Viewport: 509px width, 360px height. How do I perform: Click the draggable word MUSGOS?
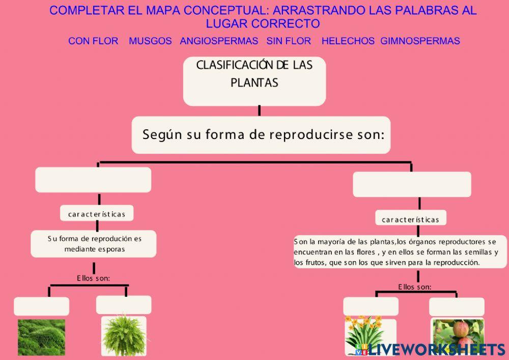click(x=150, y=41)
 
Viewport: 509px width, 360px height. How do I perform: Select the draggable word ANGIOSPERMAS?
click(x=219, y=41)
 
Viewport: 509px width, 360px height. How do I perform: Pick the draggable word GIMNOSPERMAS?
click(x=420, y=41)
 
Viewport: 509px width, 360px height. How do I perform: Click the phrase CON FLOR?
click(x=93, y=41)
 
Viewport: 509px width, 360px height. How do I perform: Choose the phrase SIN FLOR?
click(x=289, y=41)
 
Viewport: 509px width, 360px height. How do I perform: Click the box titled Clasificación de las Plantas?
click(x=254, y=80)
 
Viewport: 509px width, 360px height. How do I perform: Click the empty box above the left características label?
click(x=93, y=180)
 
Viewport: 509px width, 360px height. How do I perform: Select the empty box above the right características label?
click(x=412, y=184)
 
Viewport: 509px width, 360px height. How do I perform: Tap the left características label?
click(x=97, y=214)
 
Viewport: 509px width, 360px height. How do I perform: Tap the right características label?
click(x=410, y=220)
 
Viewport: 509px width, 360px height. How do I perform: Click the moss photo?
click(x=41, y=337)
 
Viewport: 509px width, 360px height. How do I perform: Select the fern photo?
click(x=124, y=336)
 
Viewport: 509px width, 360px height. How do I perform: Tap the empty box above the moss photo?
click(x=41, y=307)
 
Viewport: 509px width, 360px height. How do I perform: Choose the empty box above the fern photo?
click(x=124, y=305)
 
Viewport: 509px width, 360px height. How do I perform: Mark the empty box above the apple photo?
click(x=457, y=307)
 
